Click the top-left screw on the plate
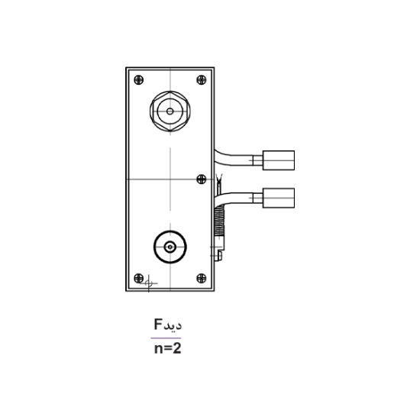click(x=138, y=79)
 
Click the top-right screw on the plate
click(x=202, y=79)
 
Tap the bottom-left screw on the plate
click(x=138, y=277)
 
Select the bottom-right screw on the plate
click(x=202, y=277)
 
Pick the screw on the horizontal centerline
click(x=202, y=179)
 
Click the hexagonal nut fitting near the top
click(x=170, y=111)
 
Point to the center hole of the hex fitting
click(x=170, y=111)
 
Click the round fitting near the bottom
click(x=170, y=247)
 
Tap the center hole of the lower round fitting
click(x=170, y=247)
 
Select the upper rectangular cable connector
click(x=278, y=160)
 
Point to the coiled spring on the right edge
click(x=221, y=221)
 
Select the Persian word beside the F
click(x=173, y=325)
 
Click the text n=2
click(x=166, y=350)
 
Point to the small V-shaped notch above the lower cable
click(x=220, y=182)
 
